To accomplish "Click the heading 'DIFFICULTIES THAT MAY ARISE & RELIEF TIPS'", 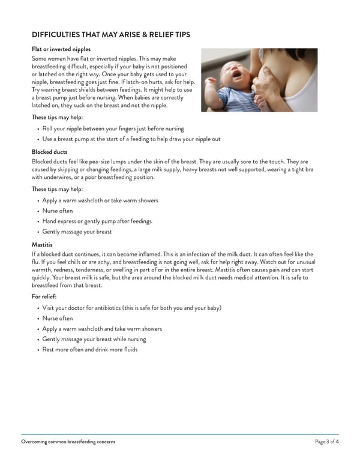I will pyautogui.click(x=110, y=35).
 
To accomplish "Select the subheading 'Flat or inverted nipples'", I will pyautogui.click(x=61, y=49).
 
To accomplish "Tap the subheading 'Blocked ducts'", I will pyautogui.click(x=49, y=152).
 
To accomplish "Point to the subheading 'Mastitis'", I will pyautogui.click(x=42, y=245).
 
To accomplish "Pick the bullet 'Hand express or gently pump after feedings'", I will pyautogui.click(x=97, y=221).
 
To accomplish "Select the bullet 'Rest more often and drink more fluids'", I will pyautogui.click(x=89, y=349).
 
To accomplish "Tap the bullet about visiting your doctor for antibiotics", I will pyautogui.click(x=131, y=307).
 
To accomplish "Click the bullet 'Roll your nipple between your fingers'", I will pyautogui.click(x=113, y=129).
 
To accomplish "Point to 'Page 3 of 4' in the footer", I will pyautogui.click(x=326, y=442).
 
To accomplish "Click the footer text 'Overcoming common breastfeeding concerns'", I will pyautogui.click(x=68, y=442).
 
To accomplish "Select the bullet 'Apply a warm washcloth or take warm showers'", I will pyautogui.click(x=100, y=200).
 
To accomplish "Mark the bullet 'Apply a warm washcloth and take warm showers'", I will pyautogui.click(x=102, y=328).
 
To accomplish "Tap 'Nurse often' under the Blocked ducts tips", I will pyautogui.click(x=58, y=211).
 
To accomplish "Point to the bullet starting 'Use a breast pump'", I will pyautogui.click(x=131, y=139).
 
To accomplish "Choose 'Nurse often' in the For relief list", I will pyautogui.click(x=58, y=318).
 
